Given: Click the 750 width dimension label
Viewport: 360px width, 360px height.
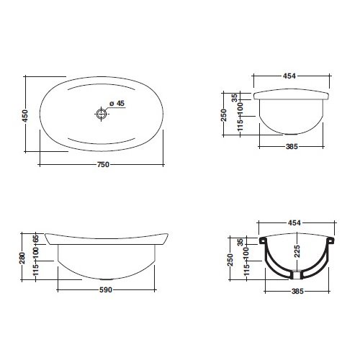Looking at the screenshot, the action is pos(103,165).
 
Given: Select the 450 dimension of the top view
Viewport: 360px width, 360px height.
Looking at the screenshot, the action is pos(25,116).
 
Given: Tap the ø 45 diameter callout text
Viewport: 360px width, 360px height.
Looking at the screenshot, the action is pos(117,104).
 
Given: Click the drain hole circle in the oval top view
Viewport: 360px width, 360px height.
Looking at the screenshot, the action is pos(102,114).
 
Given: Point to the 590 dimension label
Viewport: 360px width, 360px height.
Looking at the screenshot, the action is pos(106,290).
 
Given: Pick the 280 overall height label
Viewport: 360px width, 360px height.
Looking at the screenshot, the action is pos(22,258).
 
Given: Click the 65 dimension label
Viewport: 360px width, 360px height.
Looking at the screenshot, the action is pos(36,238).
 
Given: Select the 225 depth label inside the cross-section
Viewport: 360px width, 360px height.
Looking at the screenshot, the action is pos(297,251).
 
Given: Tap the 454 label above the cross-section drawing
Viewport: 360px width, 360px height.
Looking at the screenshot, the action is pos(294,223).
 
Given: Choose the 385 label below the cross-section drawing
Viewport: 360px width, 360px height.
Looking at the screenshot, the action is pos(297,292).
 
